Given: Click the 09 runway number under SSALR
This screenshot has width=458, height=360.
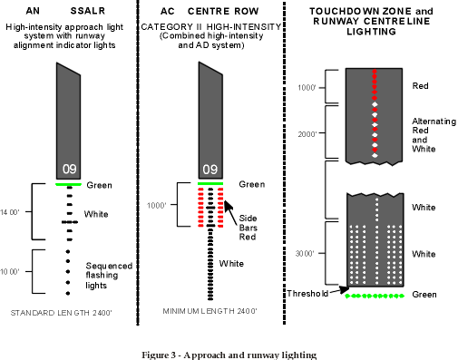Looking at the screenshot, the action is [70, 169].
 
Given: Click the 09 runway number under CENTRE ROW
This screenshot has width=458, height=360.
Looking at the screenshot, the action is [210, 170].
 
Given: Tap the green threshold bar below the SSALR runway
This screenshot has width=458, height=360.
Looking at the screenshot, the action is [69, 184].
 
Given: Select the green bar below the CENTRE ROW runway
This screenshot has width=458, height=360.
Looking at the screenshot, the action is [210, 183].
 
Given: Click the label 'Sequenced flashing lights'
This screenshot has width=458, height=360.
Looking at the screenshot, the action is [109, 276].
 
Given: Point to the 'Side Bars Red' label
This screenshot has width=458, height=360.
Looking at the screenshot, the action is [248, 228].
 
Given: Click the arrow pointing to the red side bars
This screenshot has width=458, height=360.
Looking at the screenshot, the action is [230, 213].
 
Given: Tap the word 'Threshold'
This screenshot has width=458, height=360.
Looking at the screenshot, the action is [307, 294].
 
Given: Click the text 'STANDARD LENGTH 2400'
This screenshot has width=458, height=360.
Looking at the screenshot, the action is [61, 313].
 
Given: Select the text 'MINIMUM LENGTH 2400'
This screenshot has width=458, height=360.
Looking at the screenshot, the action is [210, 311].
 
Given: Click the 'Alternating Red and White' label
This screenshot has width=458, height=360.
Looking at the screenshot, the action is [434, 135].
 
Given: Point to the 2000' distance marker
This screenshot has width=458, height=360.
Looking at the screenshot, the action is [307, 134].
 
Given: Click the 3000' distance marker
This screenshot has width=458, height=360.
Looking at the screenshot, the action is [305, 253].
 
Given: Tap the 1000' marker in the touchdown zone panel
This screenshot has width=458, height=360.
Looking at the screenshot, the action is [307, 88].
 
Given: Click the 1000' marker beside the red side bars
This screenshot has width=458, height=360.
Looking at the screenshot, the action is [156, 206].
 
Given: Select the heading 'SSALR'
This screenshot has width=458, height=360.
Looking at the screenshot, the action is [88, 11].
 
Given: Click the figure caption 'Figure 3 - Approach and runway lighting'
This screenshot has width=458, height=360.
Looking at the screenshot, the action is [229, 355].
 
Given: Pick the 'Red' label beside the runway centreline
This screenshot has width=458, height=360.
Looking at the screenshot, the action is [420, 86].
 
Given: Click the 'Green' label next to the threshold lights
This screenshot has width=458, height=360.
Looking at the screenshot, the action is [424, 295].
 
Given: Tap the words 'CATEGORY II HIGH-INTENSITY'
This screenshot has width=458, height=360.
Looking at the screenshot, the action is [211, 27].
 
